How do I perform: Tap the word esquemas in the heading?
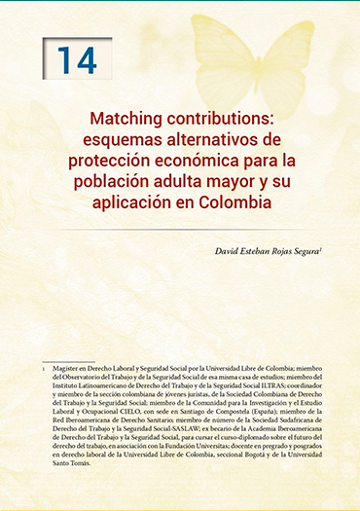pos(100,138)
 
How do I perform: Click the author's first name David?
pos(229,252)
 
